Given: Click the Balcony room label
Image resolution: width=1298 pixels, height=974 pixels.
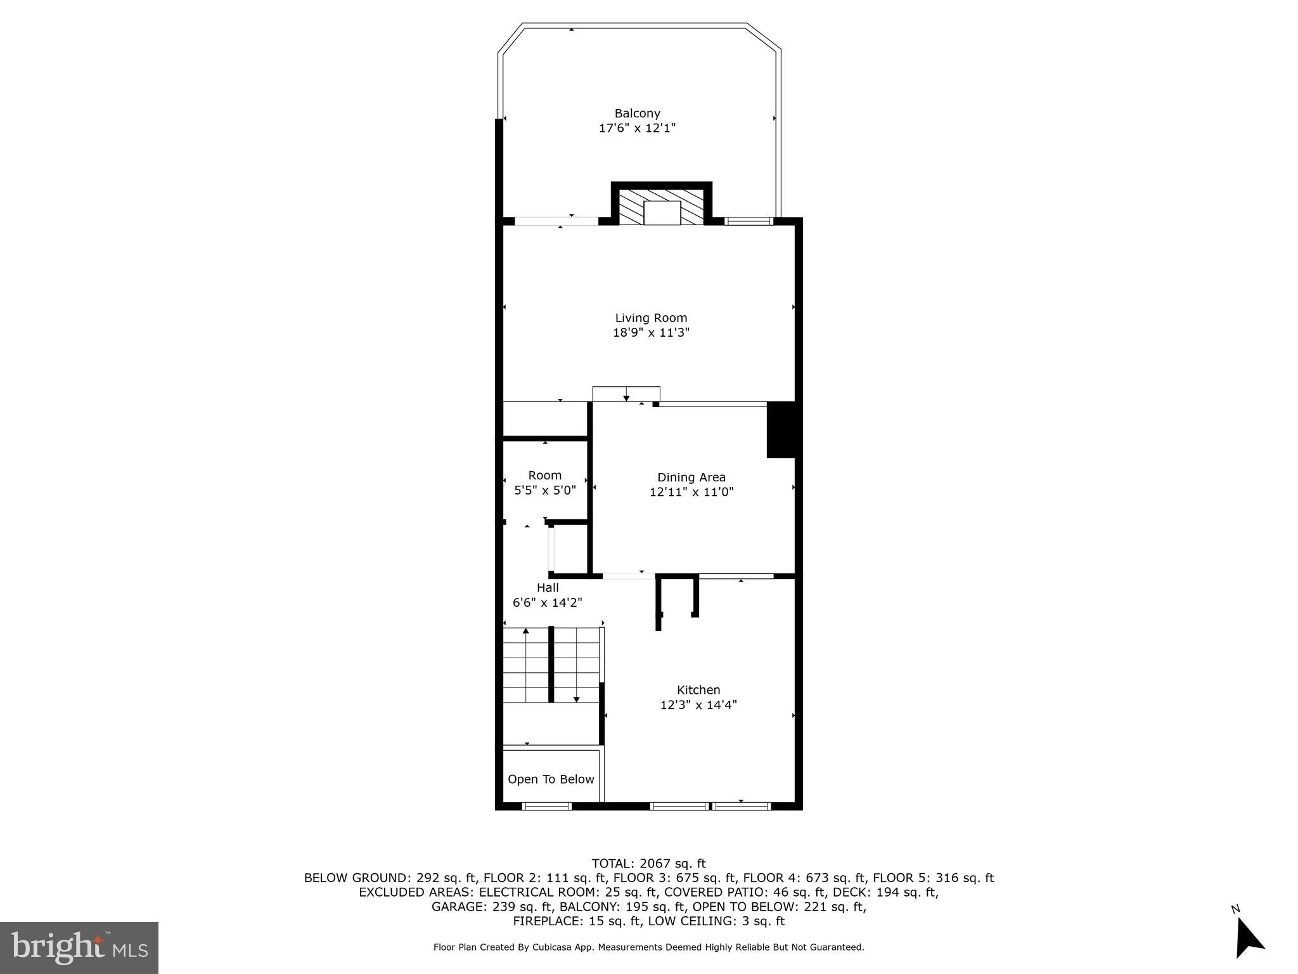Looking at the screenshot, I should point(637,114).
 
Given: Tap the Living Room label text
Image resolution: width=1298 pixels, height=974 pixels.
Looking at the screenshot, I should point(651,318).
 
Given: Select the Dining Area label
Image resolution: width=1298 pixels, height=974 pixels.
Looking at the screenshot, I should point(691,477).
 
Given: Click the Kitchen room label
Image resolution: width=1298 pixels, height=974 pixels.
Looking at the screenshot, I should point(698,690).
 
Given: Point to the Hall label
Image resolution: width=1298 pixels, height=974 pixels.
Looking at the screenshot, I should point(548,588).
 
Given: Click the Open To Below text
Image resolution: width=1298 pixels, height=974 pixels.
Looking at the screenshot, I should point(551,779).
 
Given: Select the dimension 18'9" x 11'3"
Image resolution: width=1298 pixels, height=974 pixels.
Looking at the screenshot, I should point(651,332).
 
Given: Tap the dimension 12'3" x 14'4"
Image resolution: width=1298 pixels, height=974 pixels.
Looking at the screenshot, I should point(698,705).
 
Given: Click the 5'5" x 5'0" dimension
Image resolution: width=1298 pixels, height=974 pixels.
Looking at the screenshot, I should point(544,490).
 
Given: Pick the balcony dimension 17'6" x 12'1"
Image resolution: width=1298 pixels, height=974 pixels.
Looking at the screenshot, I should point(637,128).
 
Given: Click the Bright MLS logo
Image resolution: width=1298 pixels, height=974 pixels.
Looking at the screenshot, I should point(79,947).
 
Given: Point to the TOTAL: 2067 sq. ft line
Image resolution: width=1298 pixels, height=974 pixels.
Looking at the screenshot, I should point(648,863).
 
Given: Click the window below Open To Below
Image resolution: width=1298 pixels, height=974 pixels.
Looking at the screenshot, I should point(546,806).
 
